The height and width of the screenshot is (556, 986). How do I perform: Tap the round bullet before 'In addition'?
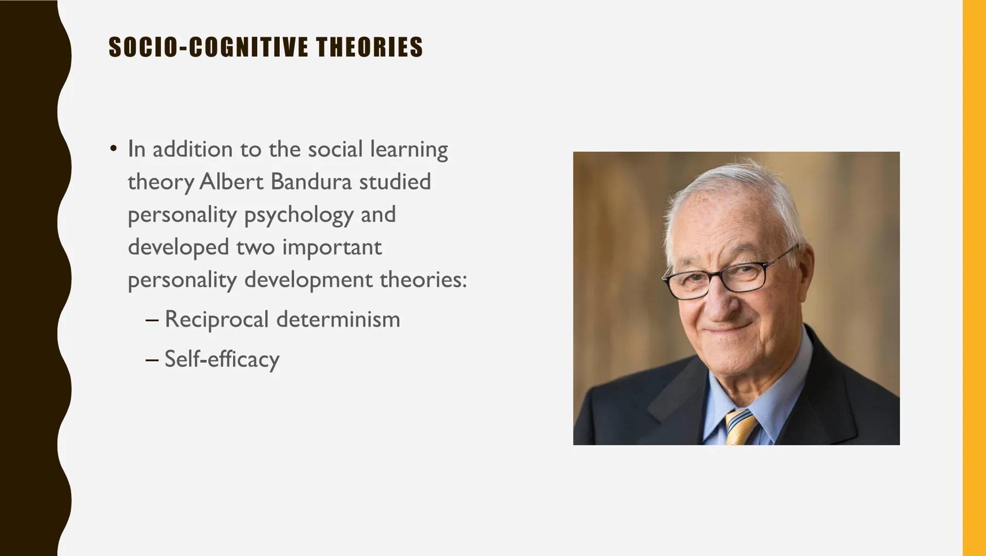click(x=113, y=149)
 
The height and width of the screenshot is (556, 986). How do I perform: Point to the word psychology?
click(x=298, y=215)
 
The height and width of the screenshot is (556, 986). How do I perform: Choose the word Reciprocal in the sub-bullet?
click(x=217, y=320)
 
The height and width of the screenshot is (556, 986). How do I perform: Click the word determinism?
click(x=338, y=320)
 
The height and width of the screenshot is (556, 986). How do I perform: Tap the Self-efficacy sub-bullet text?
click(x=222, y=359)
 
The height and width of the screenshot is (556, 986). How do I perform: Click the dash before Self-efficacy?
click(x=152, y=359)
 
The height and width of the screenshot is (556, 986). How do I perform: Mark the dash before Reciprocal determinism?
click(x=152, y=320)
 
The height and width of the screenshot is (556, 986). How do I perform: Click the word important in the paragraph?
click(x=332, y=248)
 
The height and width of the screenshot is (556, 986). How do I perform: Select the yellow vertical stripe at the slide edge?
click(x=974, y=278)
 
